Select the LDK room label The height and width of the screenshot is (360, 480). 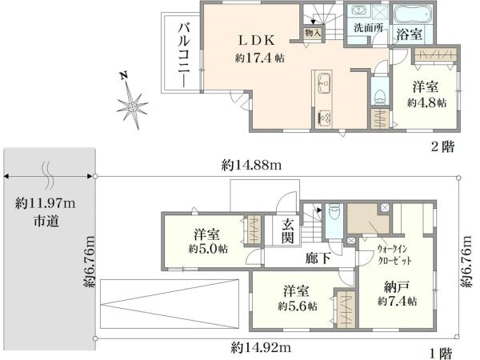257,40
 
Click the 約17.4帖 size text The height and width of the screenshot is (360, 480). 259,58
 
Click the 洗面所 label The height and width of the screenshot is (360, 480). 368,28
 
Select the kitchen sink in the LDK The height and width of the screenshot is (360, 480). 323,83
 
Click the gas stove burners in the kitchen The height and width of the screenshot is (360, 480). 324,118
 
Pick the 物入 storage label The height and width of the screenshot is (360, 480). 313,32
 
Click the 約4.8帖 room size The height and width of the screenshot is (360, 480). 426,102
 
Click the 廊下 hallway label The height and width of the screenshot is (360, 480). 318,258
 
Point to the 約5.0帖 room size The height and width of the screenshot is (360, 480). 208,249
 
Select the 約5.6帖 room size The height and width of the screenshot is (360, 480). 298,306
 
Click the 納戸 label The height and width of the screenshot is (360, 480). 397,287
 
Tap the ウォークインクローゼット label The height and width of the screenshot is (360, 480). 394,254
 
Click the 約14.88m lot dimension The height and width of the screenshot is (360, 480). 251,166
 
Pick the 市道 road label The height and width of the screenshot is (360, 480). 46,221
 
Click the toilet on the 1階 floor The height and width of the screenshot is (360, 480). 334,211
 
